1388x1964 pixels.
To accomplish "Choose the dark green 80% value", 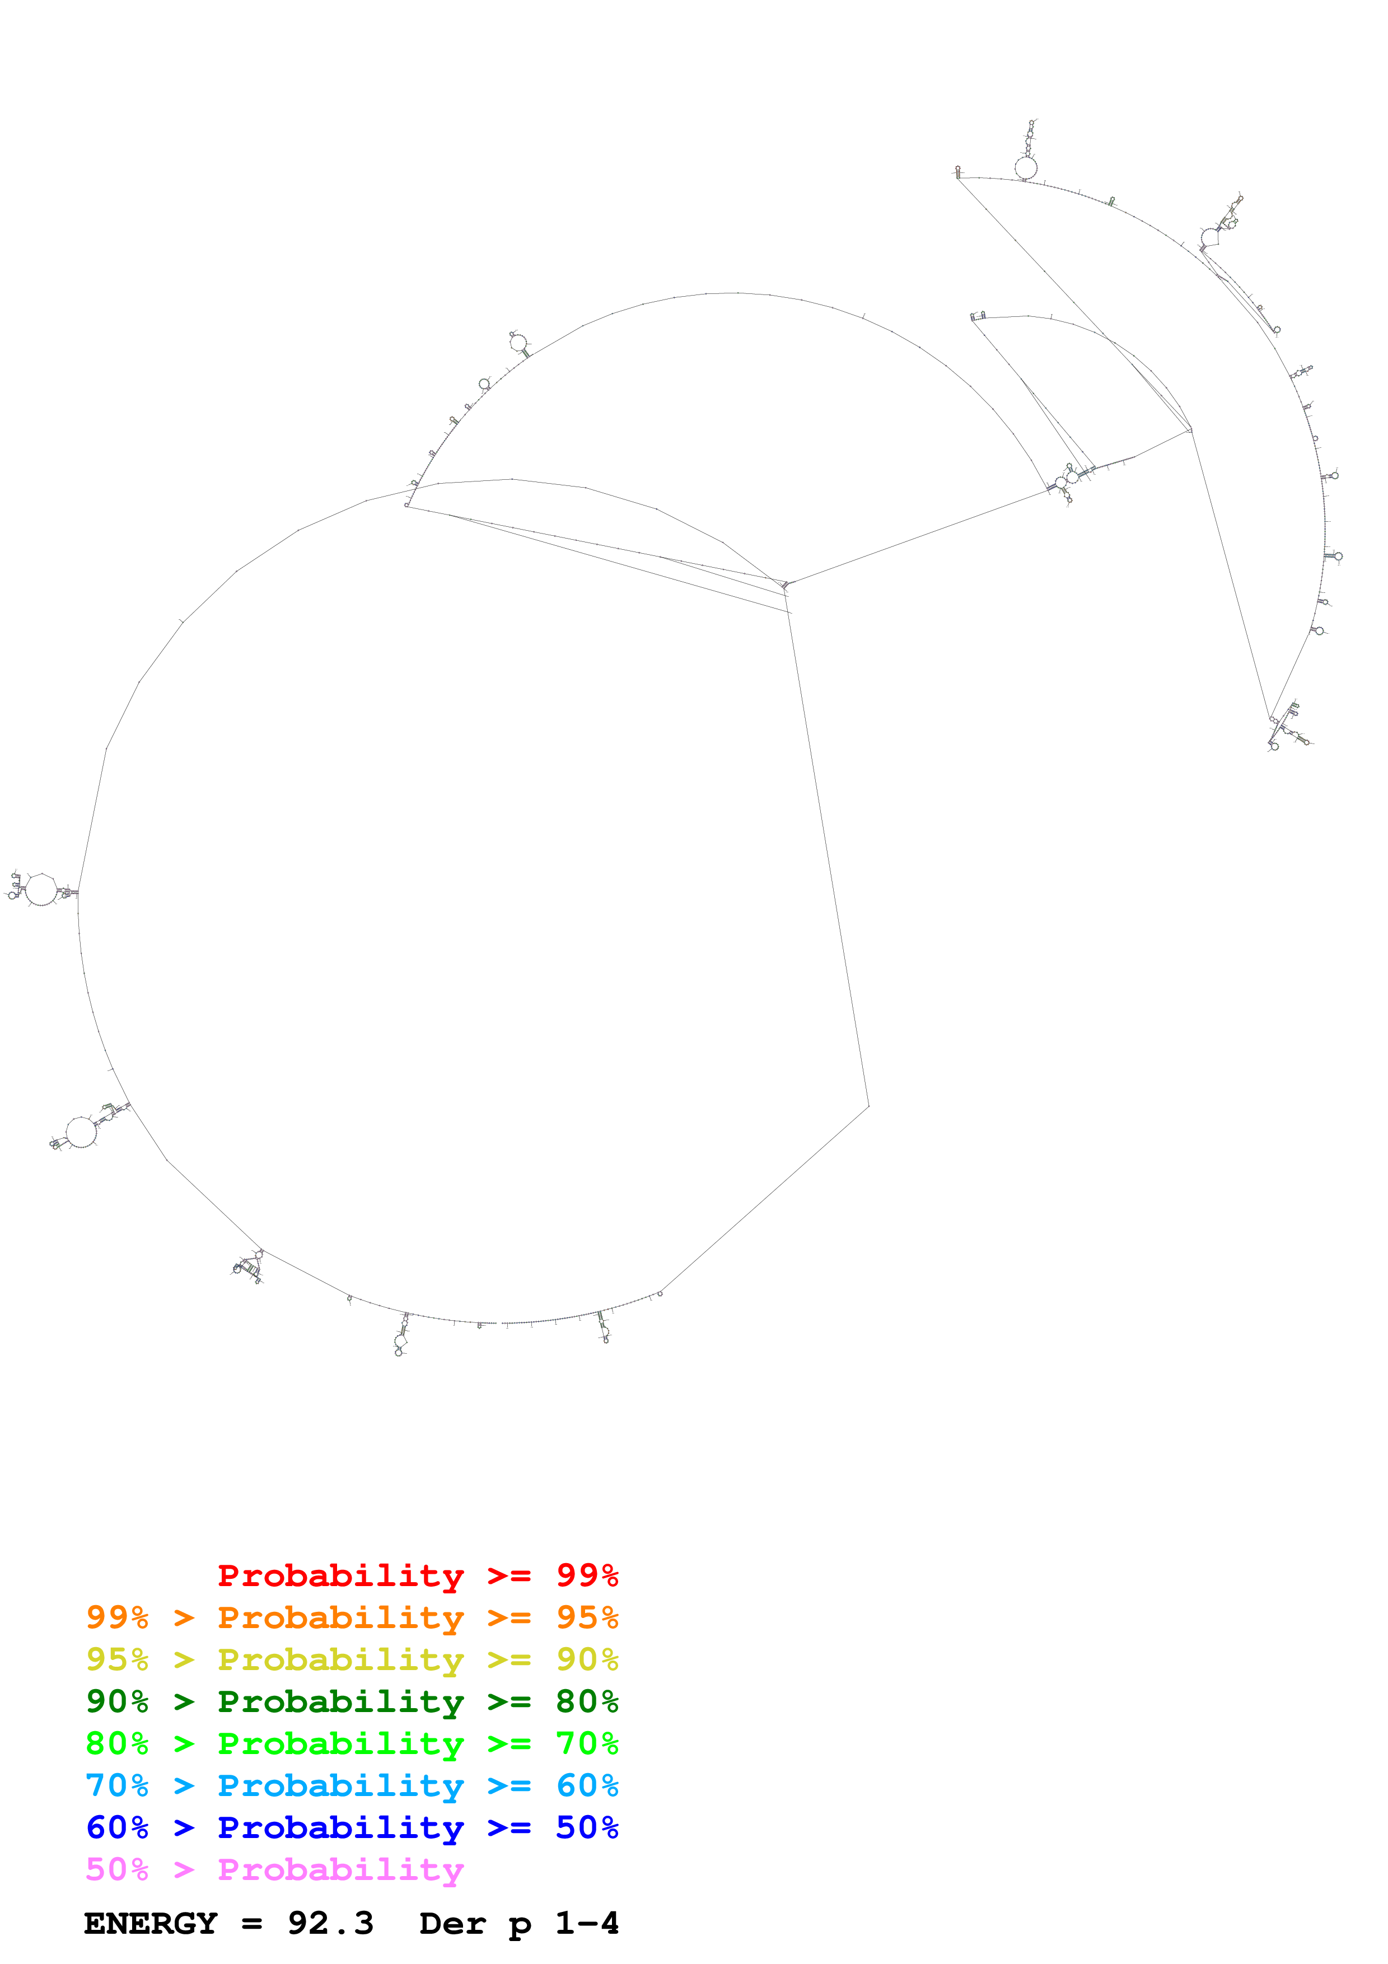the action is [x=587, y=1701].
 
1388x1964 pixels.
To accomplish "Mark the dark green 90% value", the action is [x=117, y=1701].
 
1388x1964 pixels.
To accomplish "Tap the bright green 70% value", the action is [x=587, y=1743].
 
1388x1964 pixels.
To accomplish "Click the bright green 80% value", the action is [x=117, y=1743].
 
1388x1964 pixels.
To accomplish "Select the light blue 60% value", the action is [x=587, y=1785].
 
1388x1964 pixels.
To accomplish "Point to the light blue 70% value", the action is [x=117, y=1785].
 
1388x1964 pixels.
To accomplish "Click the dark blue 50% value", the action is [x=587, y=1827].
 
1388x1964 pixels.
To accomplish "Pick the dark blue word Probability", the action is [x=340, y=1827].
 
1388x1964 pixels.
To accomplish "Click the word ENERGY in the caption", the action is [x=151, y=1924].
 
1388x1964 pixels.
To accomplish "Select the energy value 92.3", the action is [x=330, y=1924].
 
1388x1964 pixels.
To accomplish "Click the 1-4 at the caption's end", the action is [x=587, y=1924].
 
